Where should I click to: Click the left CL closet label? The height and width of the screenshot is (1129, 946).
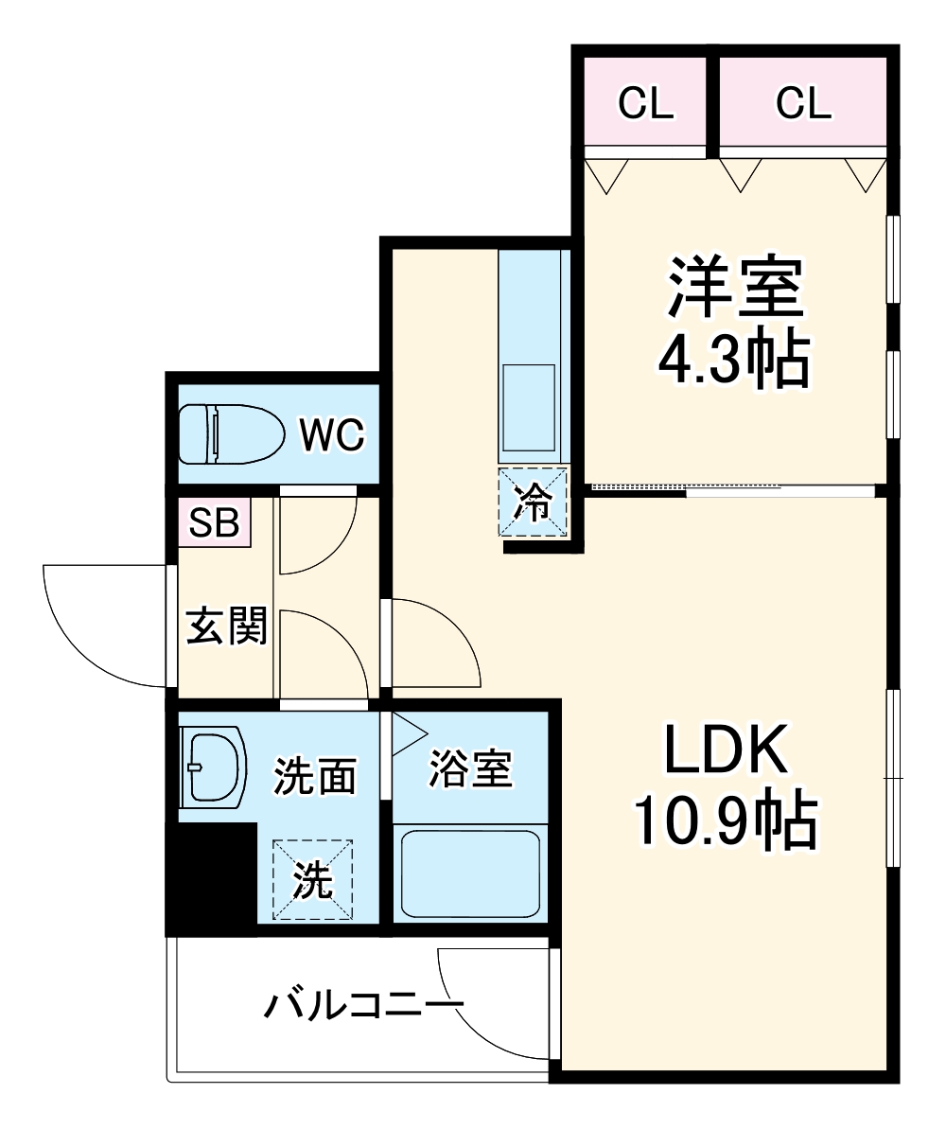click(x=646, y=103)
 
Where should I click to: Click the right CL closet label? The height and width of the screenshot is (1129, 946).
click(x=803, y=103)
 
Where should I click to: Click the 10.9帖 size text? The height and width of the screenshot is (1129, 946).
click(x=725, y=821)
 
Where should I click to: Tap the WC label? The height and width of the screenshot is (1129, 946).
click(x=331, y=435)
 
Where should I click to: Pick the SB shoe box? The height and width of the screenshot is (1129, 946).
click(x=215, y=522)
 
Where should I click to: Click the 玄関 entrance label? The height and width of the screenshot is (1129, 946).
click(x=225, y=626)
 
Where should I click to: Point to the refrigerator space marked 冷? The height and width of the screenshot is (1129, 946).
click(x=534, y=503)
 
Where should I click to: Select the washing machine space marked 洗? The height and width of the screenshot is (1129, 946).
click(x=313, y=880)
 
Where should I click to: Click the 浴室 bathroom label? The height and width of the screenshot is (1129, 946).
click(x=470, y=769)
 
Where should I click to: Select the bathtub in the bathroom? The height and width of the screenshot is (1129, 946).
click(x=470, y=871)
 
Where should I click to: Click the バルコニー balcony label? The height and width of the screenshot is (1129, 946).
click(x=364, y=1006)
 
